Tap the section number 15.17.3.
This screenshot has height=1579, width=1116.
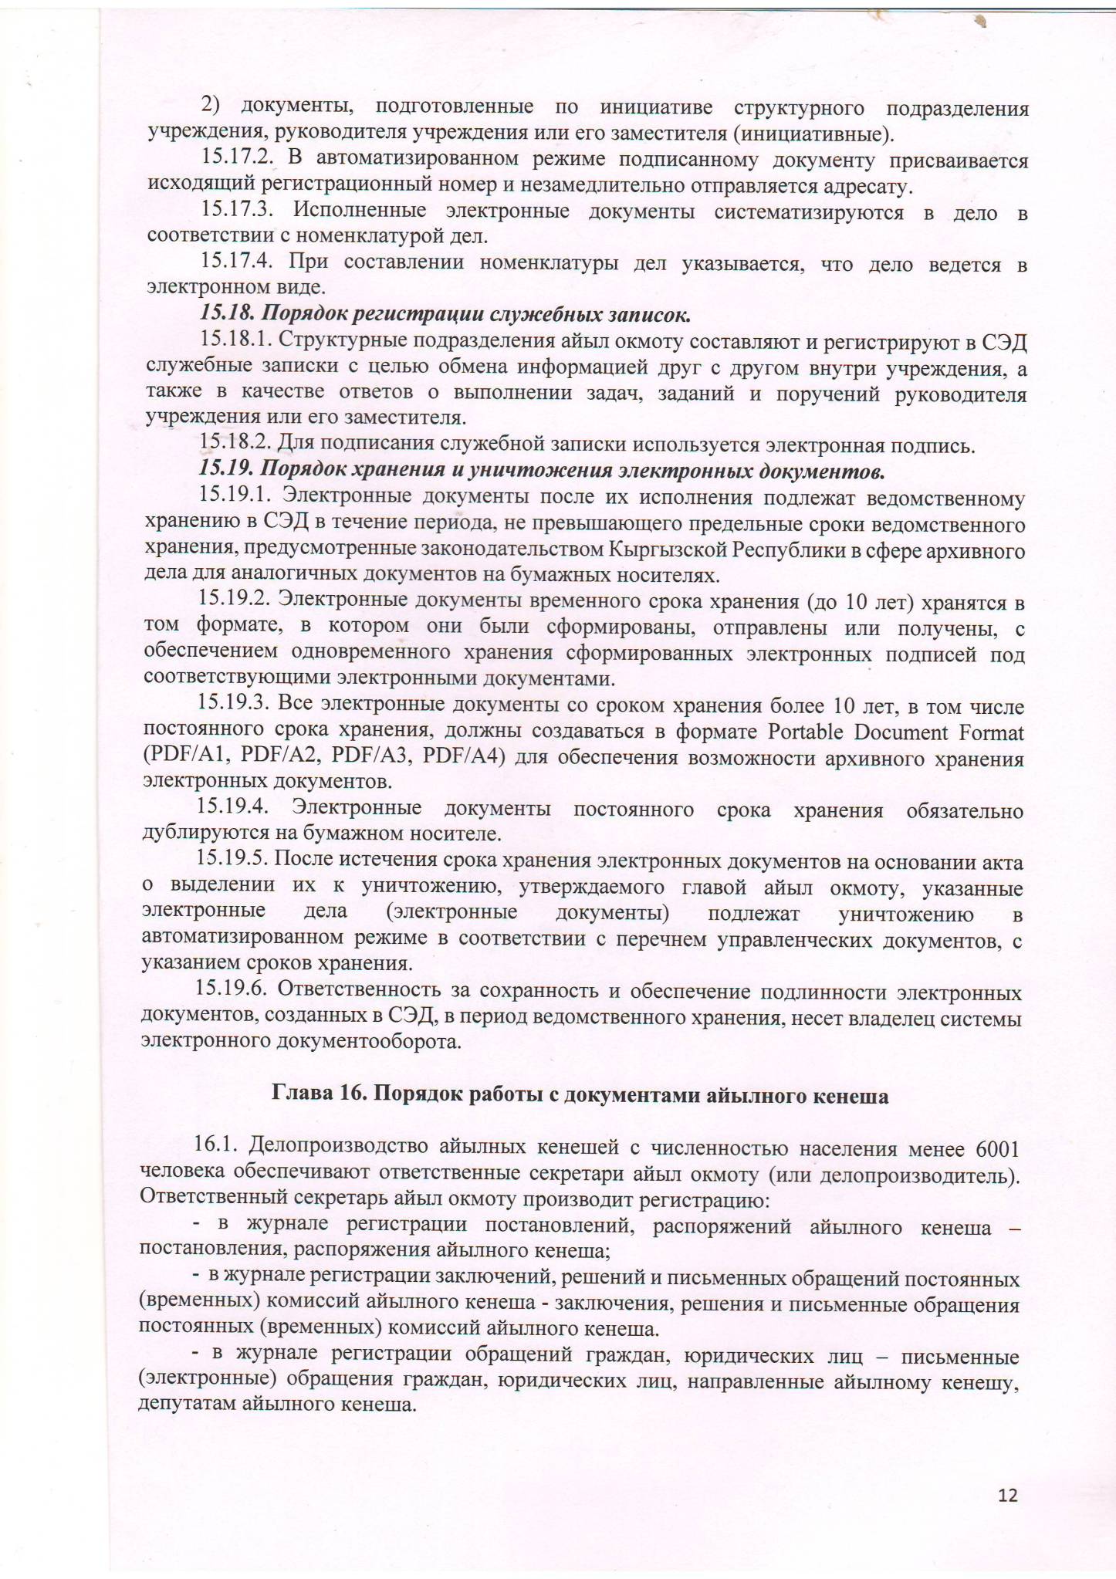pos(238,211)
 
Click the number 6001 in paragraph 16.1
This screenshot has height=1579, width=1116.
pos(997,1149)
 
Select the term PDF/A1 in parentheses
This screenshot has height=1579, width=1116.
pos(184,759)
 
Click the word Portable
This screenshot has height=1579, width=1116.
pos(815,732)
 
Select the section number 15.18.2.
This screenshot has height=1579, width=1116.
pos(234,445)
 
